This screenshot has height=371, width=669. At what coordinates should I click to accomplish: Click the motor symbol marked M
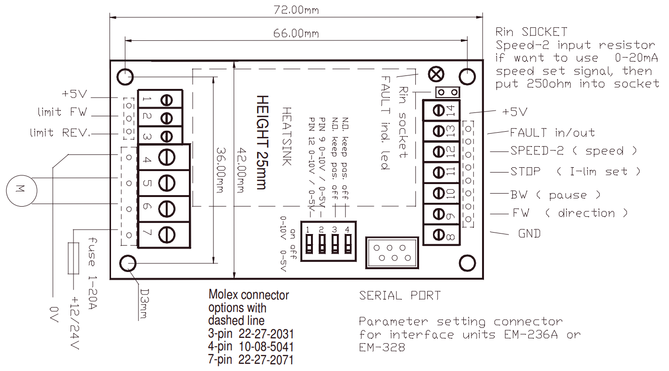(20, 190)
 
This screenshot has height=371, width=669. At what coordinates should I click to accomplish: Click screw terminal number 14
(440, 110)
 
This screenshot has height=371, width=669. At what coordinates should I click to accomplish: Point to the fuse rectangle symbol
(73, 258)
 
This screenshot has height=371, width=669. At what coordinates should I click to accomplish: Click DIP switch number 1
(309, 243)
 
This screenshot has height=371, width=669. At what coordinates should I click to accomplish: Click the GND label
(529, 234)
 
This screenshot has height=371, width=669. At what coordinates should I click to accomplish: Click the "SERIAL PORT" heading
(399, 296)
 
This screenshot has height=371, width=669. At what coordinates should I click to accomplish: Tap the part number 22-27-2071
(270, 359)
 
